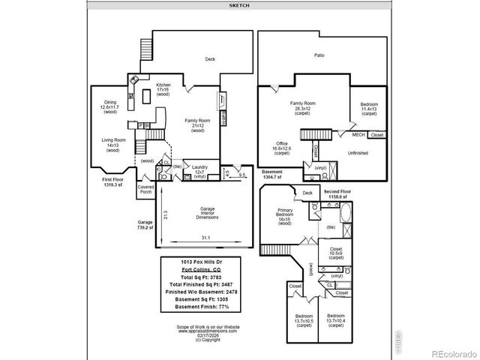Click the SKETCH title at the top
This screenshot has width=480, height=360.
[x=240, y=4]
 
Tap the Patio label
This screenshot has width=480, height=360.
[x=319, y=55]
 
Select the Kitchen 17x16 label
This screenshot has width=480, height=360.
[x=163, y=90]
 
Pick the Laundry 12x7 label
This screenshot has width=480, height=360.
[x=199, y=171]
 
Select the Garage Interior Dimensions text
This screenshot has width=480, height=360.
[x=207, y=212]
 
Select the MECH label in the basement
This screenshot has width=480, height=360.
[x=358, y=135]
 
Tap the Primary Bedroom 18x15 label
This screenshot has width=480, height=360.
[x=285, y=216]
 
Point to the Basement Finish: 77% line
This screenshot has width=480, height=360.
[x=201, y=307]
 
